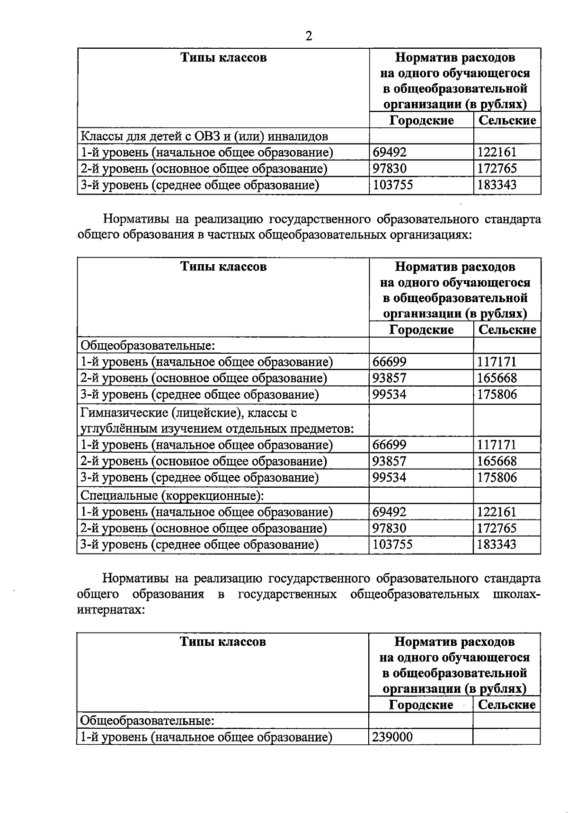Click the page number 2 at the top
[x=309, y=36]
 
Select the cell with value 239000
[x=392, y=737]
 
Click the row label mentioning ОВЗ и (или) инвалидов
[x=204, y=136]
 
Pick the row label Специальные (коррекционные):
[x=172, y=495]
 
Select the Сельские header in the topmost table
[x=507, y=120]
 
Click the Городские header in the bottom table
[x=421, y=705]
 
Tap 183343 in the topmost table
[x=497, y=185]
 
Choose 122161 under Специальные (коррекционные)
[x=497, y=512]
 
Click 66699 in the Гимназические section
[x=389, y=445]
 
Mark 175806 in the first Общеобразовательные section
[x=497, y=394]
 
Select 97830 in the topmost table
[x=389, y=169]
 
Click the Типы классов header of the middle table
[x=223, y=267]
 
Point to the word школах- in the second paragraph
[x=516, y=594]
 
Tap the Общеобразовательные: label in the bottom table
[x=147, y=720]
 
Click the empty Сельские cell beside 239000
[x=506, y=737]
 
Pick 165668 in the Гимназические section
[x=497, y=461]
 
